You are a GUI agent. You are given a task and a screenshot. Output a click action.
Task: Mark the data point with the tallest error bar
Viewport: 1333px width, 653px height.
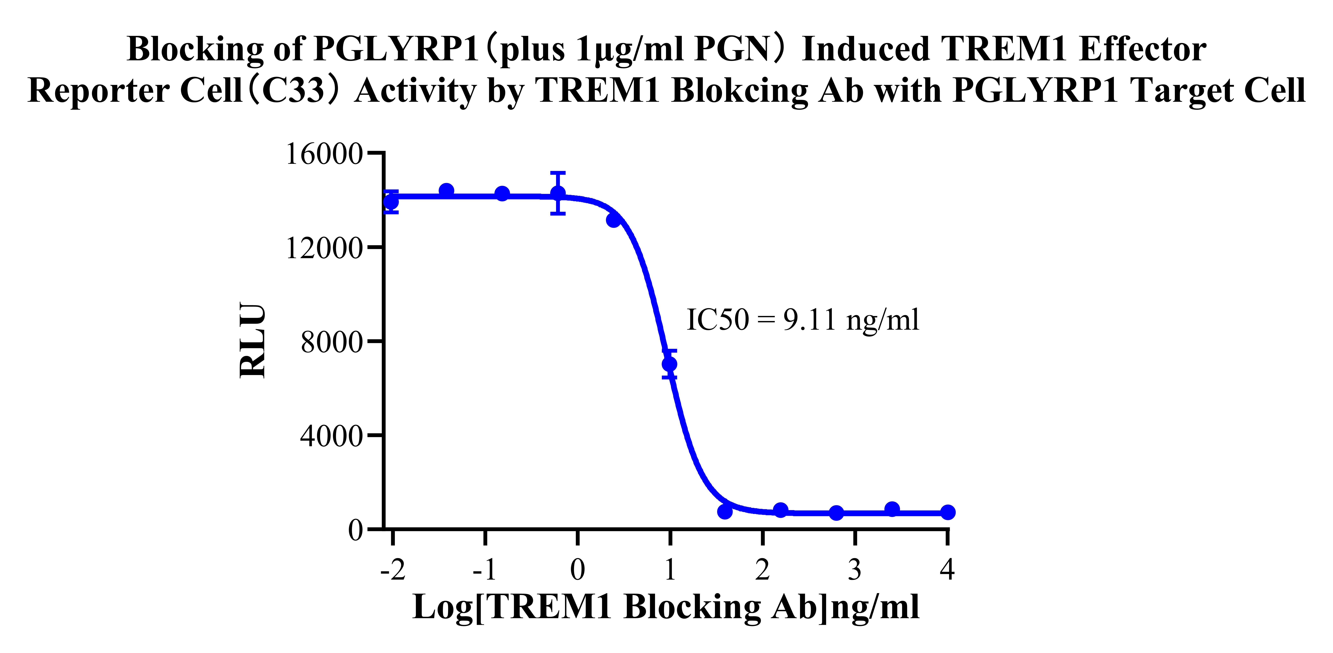(x=558, y=193)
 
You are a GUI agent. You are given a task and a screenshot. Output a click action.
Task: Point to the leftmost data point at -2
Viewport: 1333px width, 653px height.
(x=392, y=202)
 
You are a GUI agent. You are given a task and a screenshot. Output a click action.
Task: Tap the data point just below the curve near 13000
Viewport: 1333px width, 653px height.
(x=614, y=220)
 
